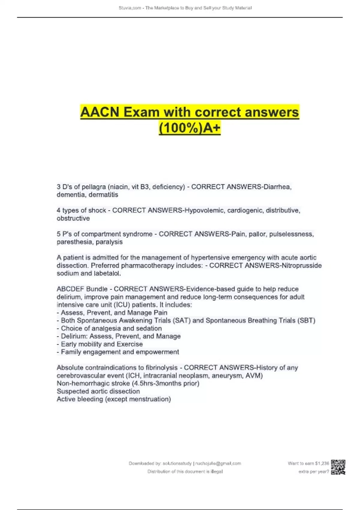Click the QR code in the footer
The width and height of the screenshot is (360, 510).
click(x=338, y=467)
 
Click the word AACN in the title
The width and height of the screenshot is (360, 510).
click(x=100, y=112)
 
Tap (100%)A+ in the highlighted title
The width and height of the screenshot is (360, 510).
click(x=190, y=128)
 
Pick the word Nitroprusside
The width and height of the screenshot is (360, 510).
click(x=301, y=265)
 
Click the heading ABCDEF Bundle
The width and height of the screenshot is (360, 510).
click(x=82, y=289)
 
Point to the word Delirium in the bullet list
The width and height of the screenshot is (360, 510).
click(x=74, y=336)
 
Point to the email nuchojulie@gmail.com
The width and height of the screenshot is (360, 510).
click(x=218, y=463)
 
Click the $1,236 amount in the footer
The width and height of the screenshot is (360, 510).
click(x=322, y=463)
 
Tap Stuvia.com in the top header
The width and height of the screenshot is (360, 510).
click(x=130, y=8)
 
